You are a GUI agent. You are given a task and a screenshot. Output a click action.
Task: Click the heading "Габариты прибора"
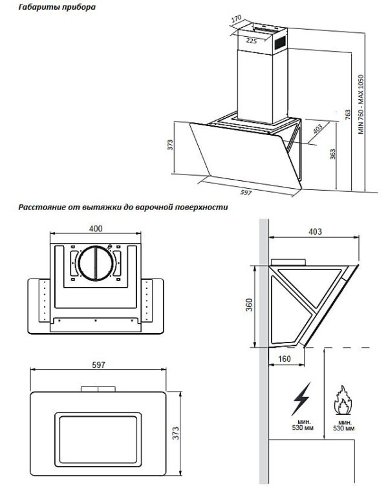pyautogui.click(x=57, y=6)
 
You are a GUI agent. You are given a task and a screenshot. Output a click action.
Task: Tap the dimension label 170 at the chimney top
pyautogui.click(x=236, y=19)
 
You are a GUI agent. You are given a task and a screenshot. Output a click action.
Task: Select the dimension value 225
pyautogui.click(x=252, y=41)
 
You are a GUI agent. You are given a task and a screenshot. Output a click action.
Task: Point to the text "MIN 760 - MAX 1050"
pyautogui.click(x=361, y=104)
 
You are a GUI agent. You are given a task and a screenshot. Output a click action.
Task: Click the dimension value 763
pyautogui.click(x=348, y=114)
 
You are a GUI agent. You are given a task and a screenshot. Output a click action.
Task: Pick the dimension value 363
pyautogui.click(x=332, y=154)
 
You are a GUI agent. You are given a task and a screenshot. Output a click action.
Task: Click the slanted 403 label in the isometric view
pyautogui.click(x=318, y=129)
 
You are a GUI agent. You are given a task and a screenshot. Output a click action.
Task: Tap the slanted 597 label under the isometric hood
pyautogui.click(x=246, y=193)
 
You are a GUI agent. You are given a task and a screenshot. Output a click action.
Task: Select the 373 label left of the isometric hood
pyautogui.click(x=170, y=145)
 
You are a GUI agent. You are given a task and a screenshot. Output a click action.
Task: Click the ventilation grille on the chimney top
pyautogui.click(x=281, y=43)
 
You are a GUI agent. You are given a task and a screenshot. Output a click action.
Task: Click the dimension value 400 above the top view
pyautogui.click(x=96, y=228)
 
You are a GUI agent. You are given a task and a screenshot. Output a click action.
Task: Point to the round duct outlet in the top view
pyautogui.click(x=95, y=263)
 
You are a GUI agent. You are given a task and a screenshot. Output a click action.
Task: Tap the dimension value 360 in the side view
pyautogui.click(x=249, y=304)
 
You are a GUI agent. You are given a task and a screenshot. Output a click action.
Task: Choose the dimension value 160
pyautogui.click(x=284, y=359)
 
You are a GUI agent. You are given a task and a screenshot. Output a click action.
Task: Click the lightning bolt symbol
pyautogui.click(x=301, y=399)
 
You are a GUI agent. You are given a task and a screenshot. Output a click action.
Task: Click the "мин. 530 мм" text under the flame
pyautogui.click(x=343, y=425)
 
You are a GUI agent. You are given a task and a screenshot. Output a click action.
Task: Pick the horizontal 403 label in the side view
pyautogui.click(x=315, y=231)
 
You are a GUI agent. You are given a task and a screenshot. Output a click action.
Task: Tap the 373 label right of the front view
pyautogui.click(x=175, y=433)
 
